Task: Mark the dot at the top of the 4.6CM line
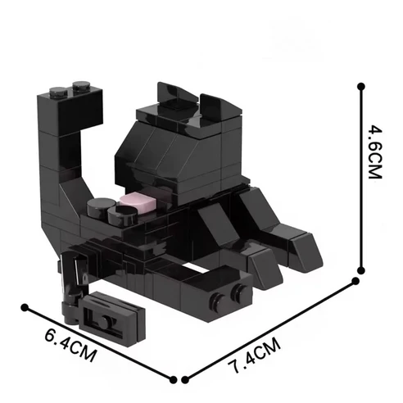point(360,83)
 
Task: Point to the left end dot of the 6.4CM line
point(25,308)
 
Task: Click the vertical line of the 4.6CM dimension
point(360,180)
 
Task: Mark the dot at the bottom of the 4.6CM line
point(358,280)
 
